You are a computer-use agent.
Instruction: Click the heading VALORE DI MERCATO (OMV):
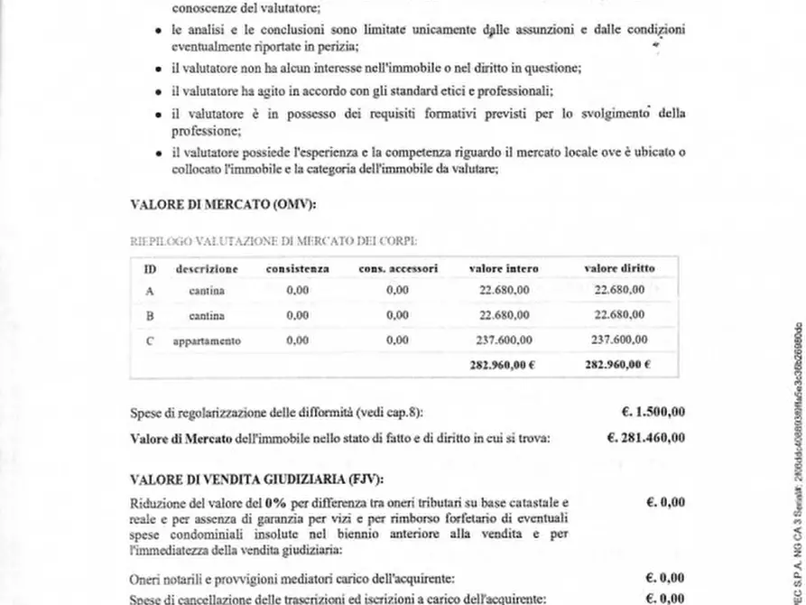coord(223,205)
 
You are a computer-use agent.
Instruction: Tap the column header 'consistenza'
coord(297,269)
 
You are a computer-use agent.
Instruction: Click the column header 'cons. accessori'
coord(398,269)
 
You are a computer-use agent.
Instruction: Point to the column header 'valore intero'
coord(504,269)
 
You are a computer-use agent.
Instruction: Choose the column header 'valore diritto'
coord(619,269)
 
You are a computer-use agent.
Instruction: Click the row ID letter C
coord(150,340)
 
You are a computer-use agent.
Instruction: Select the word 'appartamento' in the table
coord(207,340)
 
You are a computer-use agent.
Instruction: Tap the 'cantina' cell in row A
coord(207,291)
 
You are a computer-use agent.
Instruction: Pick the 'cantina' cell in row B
coord(207,316)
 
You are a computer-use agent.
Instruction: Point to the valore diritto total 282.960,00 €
coord(619,365)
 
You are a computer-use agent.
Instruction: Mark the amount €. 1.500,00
coord(653,413)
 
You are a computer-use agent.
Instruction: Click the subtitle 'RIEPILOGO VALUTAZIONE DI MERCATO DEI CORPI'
coord(273,241)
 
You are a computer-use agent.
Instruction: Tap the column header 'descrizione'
coord(207,269)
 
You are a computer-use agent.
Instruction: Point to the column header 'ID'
coord(150,269)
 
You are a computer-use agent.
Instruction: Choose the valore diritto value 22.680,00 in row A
coord(619,291)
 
